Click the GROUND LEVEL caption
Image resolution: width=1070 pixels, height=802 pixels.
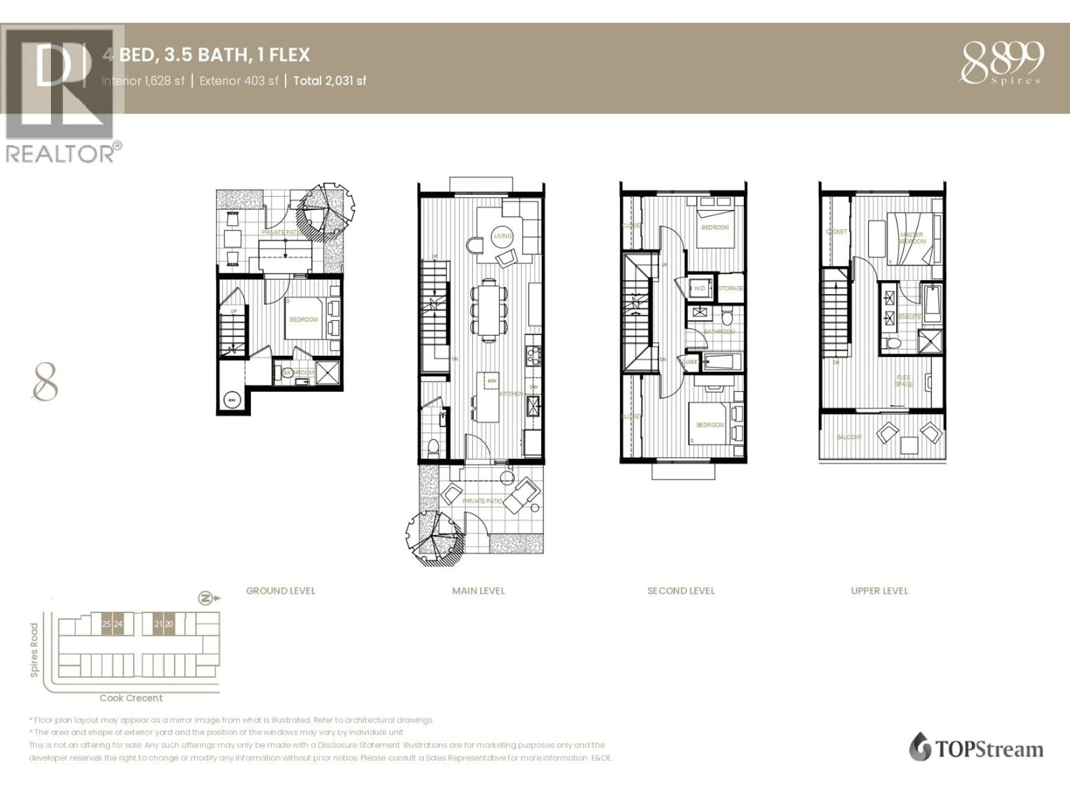click(281, 591)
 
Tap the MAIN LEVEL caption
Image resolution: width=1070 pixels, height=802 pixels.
click(478, 591)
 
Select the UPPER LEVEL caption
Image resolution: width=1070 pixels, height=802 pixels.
click(879, 591)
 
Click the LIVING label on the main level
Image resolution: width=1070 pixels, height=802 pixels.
click(503, 236)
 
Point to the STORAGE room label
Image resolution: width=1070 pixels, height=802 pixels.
click(730, 288)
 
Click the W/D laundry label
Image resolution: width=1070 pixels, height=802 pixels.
click(699, 288)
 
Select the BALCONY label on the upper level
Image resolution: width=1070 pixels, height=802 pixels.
click(849, 437)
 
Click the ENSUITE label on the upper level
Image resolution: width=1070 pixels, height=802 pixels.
click(909, 317)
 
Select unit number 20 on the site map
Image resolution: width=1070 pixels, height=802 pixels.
click(169, 624)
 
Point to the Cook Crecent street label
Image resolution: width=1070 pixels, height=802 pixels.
click(131, 698)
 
